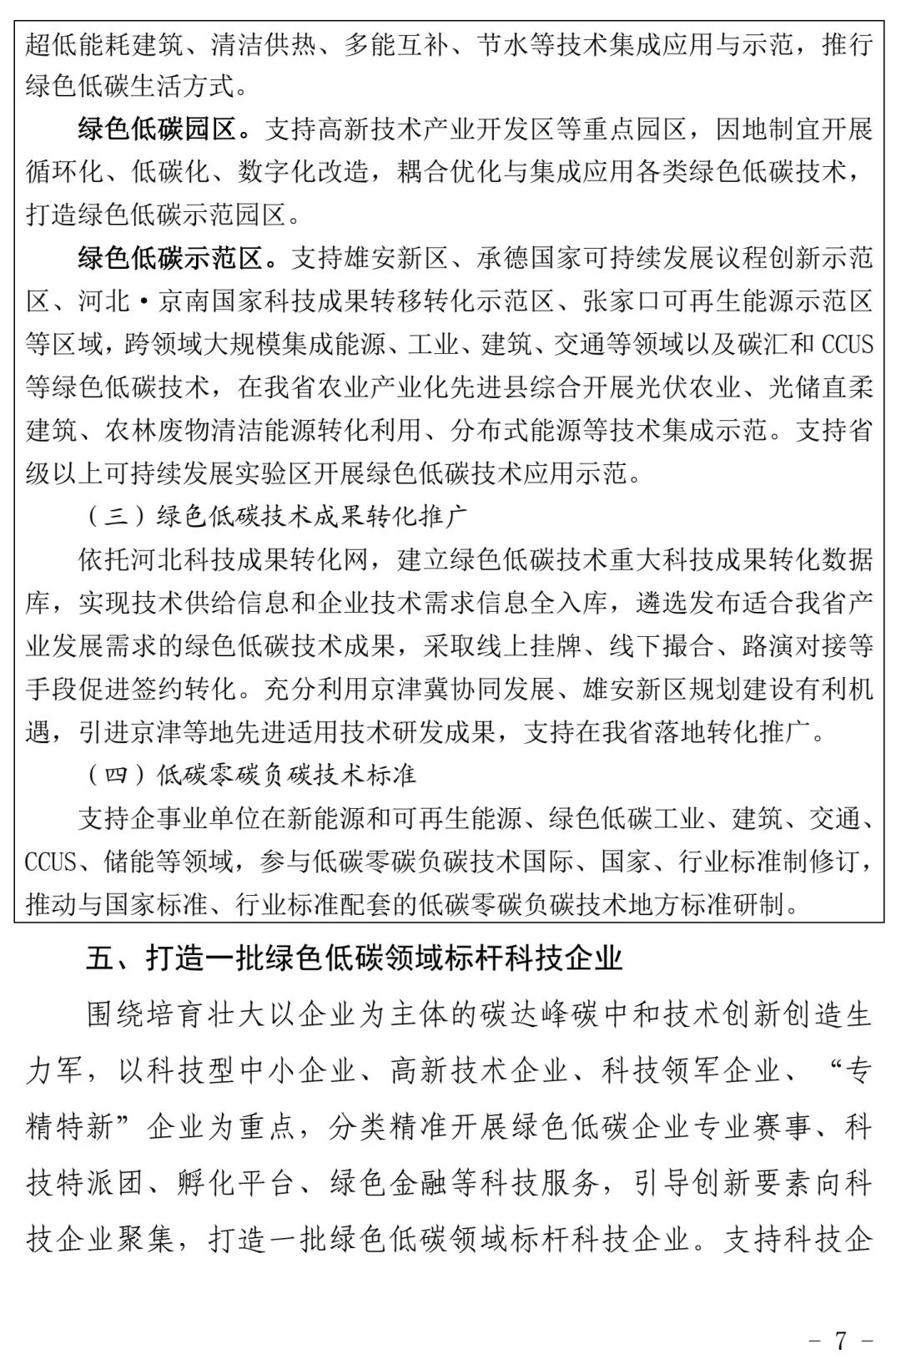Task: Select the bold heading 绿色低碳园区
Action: coord(158,129)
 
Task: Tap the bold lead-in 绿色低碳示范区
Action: coord(171,259)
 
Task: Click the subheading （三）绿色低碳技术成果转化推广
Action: coord(276,517)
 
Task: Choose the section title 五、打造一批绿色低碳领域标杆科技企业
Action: coord(355,958)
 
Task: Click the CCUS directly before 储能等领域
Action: coord(51,861)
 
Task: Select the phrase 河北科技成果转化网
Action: coord(250,559)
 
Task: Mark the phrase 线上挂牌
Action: coord(567,645)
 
